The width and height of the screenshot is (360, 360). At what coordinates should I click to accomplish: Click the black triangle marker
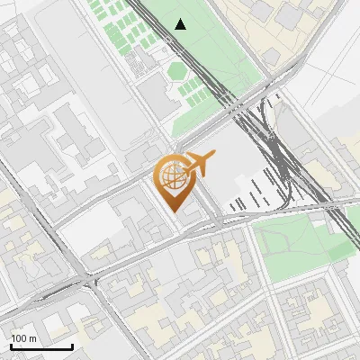(x=181, y=24)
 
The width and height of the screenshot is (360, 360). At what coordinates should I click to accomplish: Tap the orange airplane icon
(x=198, y=165)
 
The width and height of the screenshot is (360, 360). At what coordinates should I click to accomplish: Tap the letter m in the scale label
(x=33, y=338)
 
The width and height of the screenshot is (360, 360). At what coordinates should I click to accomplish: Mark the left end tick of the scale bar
(x=11, y=346)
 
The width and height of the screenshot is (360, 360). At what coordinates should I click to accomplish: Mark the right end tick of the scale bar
(x=72, y=346)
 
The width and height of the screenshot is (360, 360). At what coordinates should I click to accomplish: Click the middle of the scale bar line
(x=41, y=347)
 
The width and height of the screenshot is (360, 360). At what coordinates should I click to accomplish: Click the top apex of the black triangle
(x=181, y=19)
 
